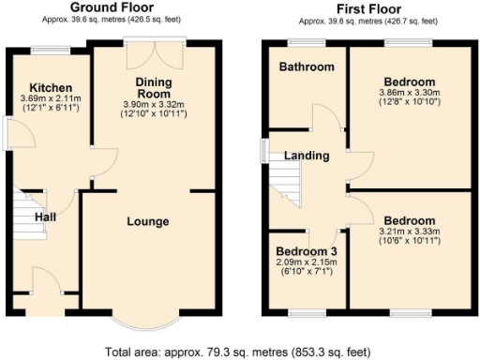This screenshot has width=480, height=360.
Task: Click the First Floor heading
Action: click(x=361, y=7)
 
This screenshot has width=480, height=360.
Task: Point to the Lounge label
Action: click(x=149, y=221)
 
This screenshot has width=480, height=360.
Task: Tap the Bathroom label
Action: click(x=307, y=67)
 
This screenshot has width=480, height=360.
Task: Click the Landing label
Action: click(x=306, y=156)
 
